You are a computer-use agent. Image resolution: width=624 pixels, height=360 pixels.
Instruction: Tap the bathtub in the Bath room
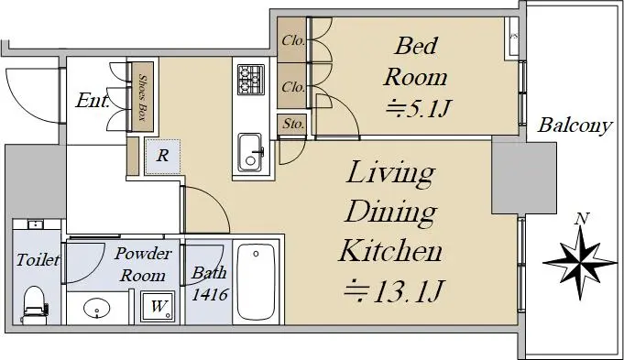pos(256,281)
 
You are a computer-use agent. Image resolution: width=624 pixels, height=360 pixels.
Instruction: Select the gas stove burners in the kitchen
pos(251,80)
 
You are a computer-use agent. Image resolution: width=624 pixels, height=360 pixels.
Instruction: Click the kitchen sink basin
pos(250,152)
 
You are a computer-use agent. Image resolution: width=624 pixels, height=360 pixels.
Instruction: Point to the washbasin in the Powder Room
pos(97,308)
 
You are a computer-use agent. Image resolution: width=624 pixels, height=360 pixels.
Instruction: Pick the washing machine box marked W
pos(158,306)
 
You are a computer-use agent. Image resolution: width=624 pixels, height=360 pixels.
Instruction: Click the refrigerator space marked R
pos(162,157)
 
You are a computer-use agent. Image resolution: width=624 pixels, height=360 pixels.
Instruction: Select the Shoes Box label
pos(142,97)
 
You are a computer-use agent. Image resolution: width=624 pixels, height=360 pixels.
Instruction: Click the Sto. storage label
pos(293,124)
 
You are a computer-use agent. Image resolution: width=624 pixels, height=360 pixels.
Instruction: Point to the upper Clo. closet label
pos(293,40)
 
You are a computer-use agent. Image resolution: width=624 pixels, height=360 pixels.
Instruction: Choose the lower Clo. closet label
pos(293,86)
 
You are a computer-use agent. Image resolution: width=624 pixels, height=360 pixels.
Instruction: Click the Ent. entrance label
pos(93,100)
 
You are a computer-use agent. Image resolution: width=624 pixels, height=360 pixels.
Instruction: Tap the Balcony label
pos(575,125)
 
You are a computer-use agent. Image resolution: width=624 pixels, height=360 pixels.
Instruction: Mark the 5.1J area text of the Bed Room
pos(419,107)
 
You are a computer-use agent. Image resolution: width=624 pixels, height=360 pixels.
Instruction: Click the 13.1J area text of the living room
pos(393,290)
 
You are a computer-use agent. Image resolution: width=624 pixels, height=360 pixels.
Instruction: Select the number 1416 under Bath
pos(210,294)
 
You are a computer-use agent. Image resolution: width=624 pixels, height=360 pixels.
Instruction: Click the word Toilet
pos(38,260)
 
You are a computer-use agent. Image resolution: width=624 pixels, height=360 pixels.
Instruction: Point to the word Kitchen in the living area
pos(390,251)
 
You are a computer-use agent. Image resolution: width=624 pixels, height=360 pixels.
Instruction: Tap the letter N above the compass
pos(582,218)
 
